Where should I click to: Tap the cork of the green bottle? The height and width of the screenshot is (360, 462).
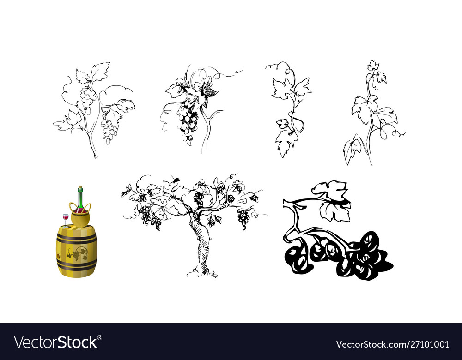coord(80,188)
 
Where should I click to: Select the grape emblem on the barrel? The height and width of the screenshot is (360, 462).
coord(77,253)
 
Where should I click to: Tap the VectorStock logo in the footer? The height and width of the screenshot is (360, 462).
coord(56,342)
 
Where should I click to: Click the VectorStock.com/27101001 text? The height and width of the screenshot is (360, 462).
coord(392,344)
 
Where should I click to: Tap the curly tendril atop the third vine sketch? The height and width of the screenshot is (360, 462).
coord(289,72)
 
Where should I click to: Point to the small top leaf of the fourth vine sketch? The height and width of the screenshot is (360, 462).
coord(373,66)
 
